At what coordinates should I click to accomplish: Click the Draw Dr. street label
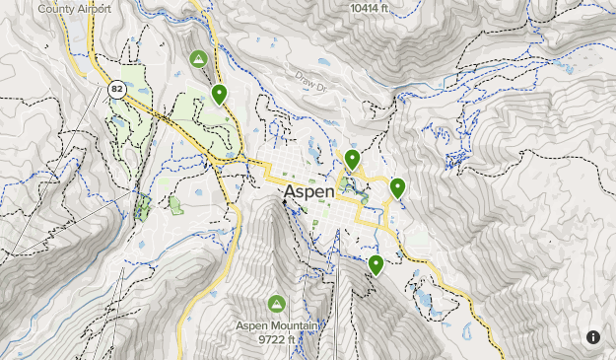(x=308, y=83)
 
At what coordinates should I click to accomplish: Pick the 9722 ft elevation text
(x=276, y=340)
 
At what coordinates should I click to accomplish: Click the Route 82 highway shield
(x=117, y=90)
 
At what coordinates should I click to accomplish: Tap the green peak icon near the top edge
(x=198, y=59)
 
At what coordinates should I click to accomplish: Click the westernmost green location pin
(x=219, y=94)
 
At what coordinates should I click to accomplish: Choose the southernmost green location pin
(x=376, y=264)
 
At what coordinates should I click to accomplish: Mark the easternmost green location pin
(x=398, y=187)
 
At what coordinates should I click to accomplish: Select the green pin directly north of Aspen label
(x=352, y=159)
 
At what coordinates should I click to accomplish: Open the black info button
(x=593, y=337)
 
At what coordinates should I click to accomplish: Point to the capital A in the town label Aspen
(x=290, y=191)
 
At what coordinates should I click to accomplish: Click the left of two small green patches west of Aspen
(x=143, y=206)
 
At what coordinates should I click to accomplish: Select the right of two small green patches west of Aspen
(x=175, y=204)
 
